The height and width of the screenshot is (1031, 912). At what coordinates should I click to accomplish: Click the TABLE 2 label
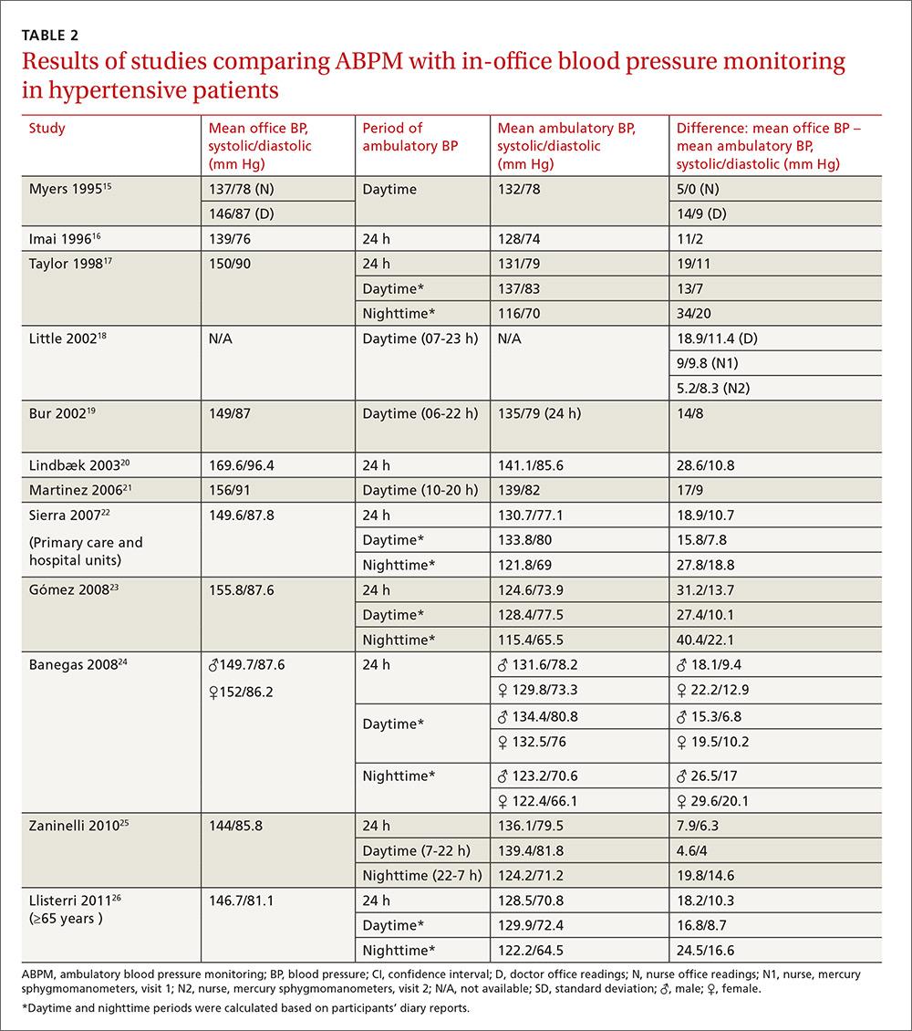(50, 36)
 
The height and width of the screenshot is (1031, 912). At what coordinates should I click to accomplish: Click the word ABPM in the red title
(368, 60)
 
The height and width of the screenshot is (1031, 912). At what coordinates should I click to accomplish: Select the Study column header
(47, 129)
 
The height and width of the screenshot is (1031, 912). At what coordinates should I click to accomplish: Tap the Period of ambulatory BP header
(410, 137)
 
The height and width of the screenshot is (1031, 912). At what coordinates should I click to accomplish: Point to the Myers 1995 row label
(70, 190)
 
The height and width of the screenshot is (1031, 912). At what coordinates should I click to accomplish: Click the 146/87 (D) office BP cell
(241, 213)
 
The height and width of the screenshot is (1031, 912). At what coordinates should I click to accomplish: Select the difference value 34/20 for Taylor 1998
(694, 314)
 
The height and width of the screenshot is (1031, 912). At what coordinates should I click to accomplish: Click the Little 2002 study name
(67, 338)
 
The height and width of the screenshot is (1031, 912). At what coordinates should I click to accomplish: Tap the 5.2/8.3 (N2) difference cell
(713, 389)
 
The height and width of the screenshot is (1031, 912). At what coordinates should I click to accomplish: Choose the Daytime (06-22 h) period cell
(420, 413)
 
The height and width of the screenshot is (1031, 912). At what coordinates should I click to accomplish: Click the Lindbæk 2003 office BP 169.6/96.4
(241, 465)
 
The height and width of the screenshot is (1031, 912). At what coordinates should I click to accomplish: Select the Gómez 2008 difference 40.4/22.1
(705, 640)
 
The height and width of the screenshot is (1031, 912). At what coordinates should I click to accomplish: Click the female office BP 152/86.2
(241, 693)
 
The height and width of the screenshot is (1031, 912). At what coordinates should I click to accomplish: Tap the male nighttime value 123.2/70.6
(537, 776)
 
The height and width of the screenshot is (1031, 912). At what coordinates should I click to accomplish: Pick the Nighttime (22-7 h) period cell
(422, 876)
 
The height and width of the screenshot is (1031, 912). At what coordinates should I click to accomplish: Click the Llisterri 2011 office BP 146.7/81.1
(241, 901)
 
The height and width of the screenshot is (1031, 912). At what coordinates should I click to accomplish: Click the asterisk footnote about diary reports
(245, 1007)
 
